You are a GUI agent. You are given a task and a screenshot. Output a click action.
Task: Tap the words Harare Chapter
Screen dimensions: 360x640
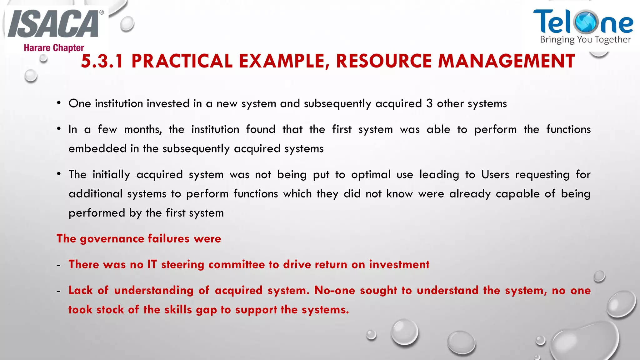point(54,48)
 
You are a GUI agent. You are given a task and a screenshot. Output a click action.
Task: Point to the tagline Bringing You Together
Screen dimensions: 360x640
point(585,40)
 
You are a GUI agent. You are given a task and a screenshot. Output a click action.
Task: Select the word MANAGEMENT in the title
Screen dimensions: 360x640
point(506,61)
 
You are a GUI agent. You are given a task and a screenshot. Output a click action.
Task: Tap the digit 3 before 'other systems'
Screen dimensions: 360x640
point(429,103)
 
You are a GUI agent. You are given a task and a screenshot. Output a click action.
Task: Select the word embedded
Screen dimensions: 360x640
point(97,148)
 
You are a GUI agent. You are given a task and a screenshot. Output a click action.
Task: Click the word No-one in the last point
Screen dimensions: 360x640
point(335,290)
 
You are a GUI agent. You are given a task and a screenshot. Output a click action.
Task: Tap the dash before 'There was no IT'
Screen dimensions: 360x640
point(59,265)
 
